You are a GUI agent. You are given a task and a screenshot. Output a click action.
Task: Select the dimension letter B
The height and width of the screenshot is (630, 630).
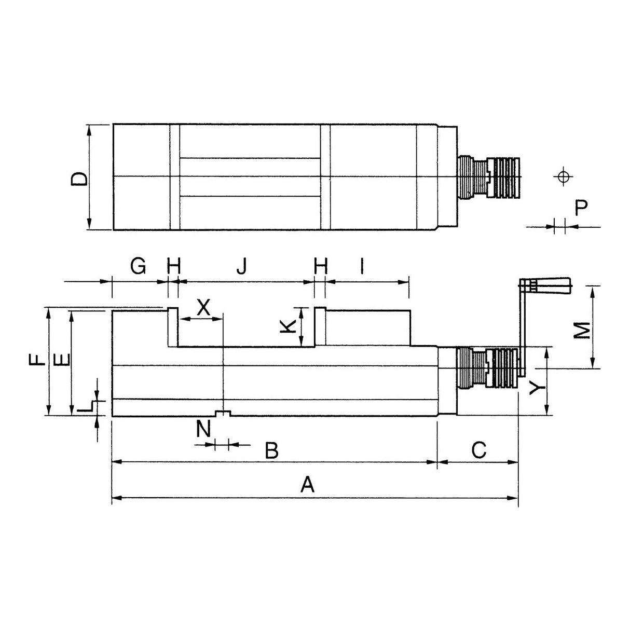pos(271,450)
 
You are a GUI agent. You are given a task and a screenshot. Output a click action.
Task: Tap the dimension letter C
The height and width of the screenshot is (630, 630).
pos(478,449)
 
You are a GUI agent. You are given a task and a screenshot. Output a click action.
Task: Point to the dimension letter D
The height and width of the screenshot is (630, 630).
pos(79,179)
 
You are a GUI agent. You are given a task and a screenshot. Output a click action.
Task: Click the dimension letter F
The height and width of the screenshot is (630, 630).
pos(36,360)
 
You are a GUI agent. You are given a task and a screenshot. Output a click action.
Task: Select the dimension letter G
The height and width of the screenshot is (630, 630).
pos(138,267)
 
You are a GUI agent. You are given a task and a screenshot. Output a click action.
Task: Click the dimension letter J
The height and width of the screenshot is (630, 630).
pos(242,267)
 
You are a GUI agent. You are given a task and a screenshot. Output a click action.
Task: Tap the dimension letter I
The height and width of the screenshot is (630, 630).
pos(362,267)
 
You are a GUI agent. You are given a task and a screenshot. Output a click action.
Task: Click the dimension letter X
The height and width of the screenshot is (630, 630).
pos(203,307)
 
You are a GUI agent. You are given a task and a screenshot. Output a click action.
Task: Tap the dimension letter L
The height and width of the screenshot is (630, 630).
pos(83,408)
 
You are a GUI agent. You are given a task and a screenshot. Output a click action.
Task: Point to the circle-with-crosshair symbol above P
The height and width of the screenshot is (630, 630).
pos(561,176)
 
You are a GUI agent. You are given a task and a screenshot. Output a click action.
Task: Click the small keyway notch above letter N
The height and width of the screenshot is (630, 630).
pos(223,413)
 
